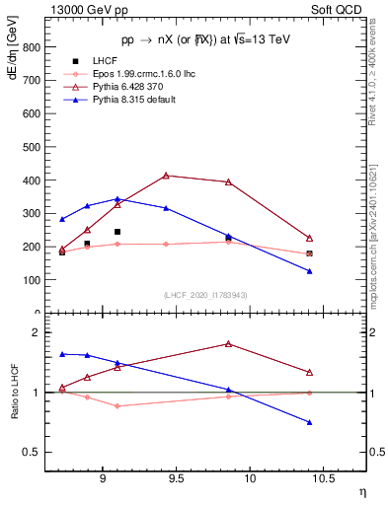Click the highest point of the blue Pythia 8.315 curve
[117, 199]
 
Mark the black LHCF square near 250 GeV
[117, 232]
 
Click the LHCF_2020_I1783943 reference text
[205, 295]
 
